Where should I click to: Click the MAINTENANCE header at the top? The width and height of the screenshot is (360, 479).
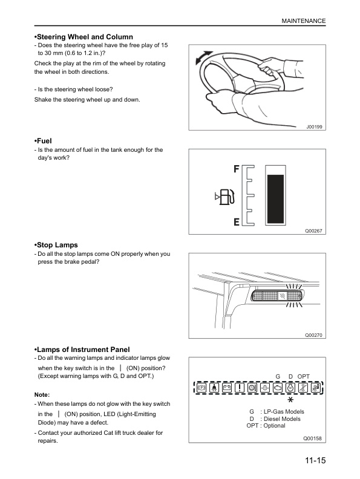click(x=304, y=21)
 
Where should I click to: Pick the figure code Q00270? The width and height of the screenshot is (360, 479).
click(x=315, y=335)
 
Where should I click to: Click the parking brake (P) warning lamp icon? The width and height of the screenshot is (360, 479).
click(x=201, y=387)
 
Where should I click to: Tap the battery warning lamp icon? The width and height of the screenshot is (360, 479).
click(x=227, y=387)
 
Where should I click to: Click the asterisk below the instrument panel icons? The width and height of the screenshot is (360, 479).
click(x=290, y=400)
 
